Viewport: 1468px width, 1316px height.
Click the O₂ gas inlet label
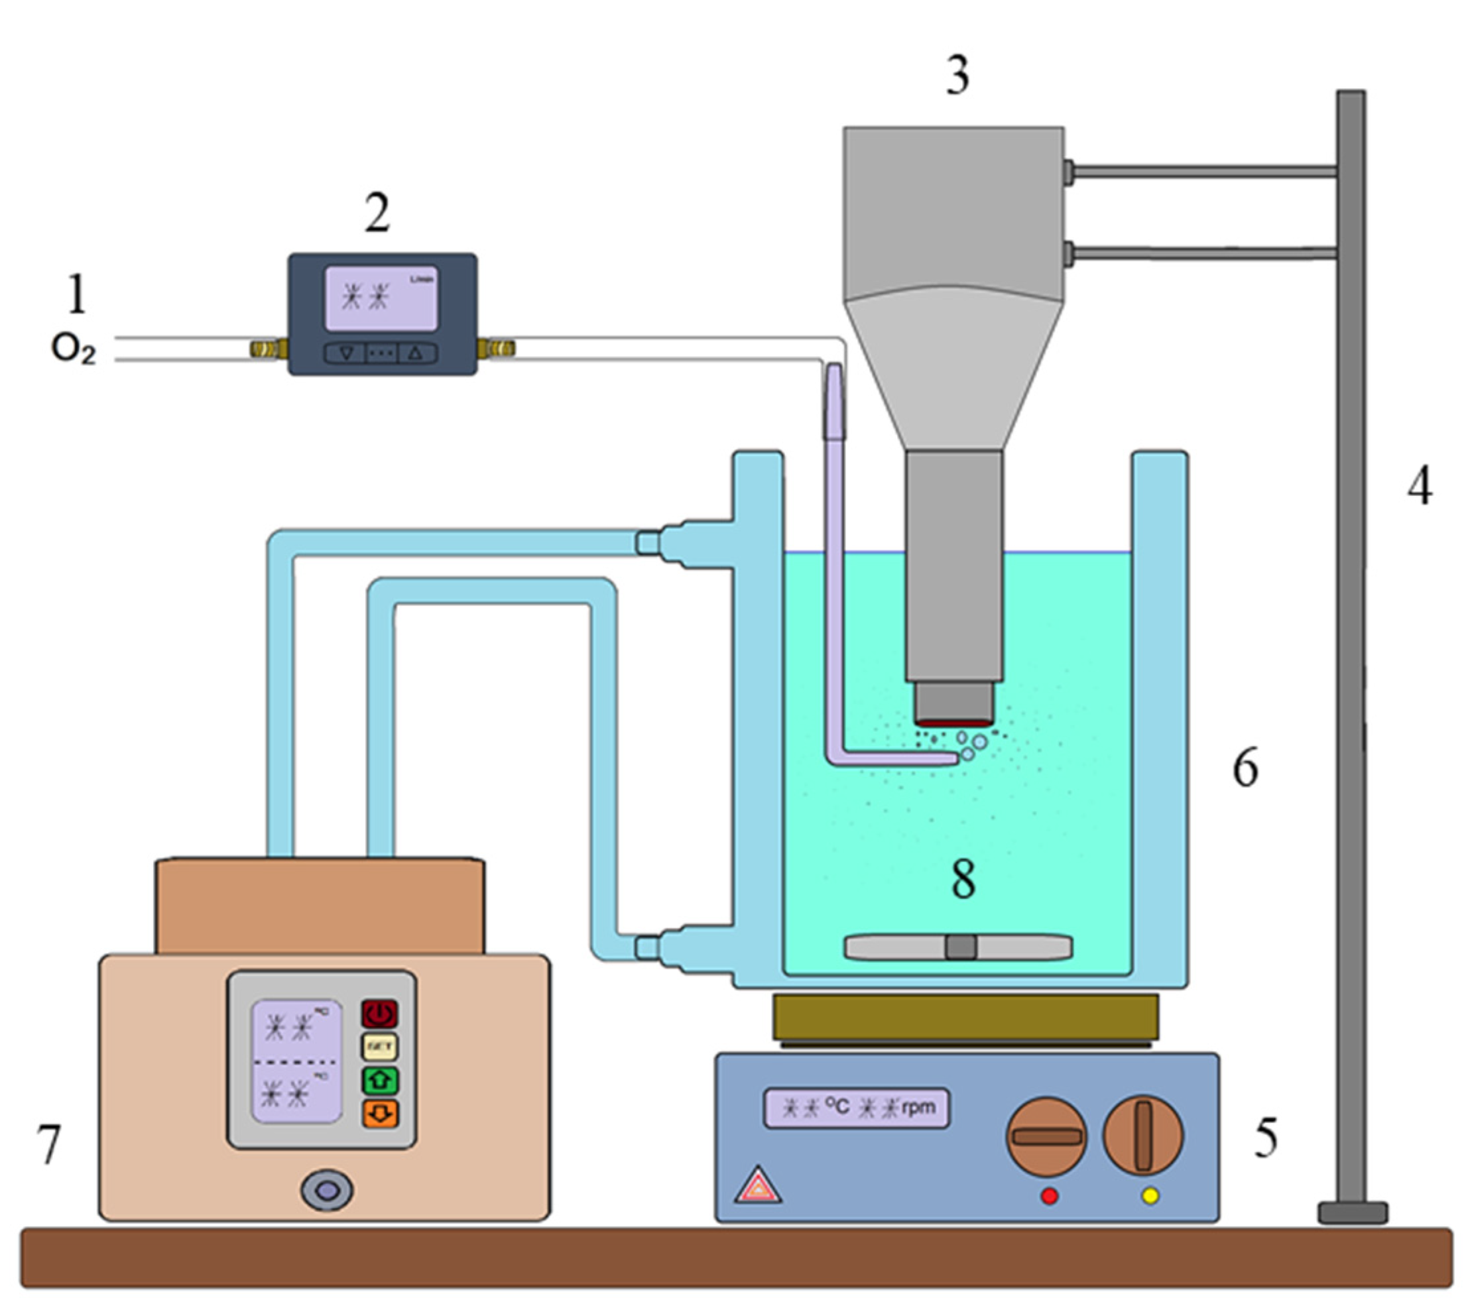coord(73,349)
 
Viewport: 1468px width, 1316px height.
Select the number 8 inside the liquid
coord(963,879)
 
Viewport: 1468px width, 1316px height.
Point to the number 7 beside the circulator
coord(48,1144)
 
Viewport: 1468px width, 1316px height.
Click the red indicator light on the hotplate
coord(1048,1197)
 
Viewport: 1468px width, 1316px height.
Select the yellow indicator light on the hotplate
coord(1150,1197)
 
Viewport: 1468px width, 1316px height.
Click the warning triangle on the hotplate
coord(758,1187)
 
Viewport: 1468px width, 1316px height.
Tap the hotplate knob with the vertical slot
coord(1142,1135)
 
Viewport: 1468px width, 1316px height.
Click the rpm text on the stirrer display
coord(918,1107)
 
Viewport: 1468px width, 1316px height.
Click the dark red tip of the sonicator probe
coord(953,723)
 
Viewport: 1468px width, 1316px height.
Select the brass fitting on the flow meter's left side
coord(267,349)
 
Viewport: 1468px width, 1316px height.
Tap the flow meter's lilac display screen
coord(381,298)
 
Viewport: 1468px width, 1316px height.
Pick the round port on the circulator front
coord(327,1189)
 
